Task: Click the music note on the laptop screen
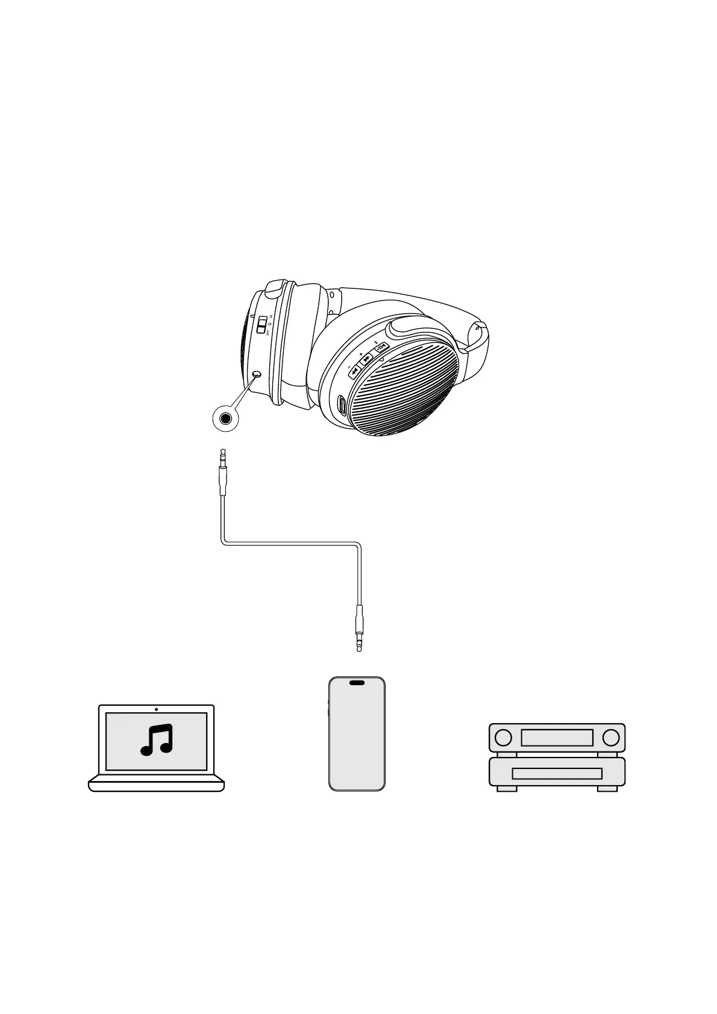(x=157, y=740)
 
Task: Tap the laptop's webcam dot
(x=157, y=709)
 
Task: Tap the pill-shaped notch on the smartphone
(x=357, y=683)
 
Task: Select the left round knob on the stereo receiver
(x=503, y=737)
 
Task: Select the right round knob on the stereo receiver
(x=611, y=737)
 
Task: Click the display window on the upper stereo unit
(x=557, y=737)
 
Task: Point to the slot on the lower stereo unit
(x=557, y=773)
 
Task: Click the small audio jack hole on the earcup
(x=257, y=375)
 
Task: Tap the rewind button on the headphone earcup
(x=354, y=370)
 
